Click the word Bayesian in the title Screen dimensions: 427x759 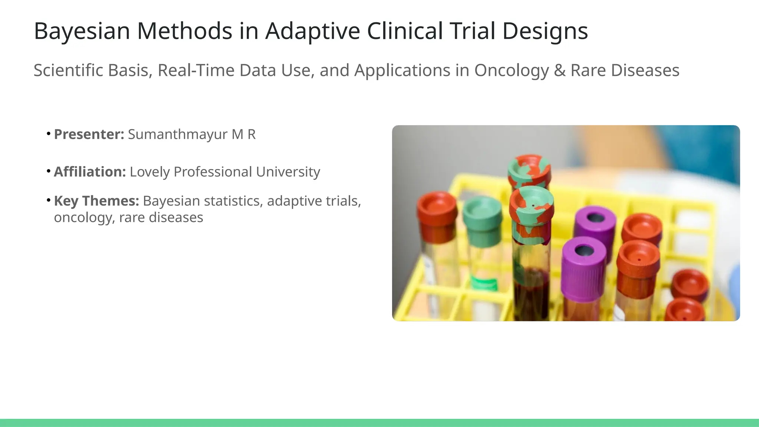click(x=82, y=31)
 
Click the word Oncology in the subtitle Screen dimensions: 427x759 click(x=511, y=70)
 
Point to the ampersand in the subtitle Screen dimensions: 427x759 click(x=559, y=70)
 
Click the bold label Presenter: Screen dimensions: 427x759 click(x=89, y=134)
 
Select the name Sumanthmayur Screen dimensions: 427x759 click(x=178, y=134)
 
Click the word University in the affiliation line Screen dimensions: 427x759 click(x=288, y=172)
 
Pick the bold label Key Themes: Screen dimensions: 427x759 click(x=96, y=201)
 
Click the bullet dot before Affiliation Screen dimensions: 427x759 click(x=49, y=171)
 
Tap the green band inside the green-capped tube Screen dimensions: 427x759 click(x=484, y=283)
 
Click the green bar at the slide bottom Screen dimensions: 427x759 click(x=379, y=423)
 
